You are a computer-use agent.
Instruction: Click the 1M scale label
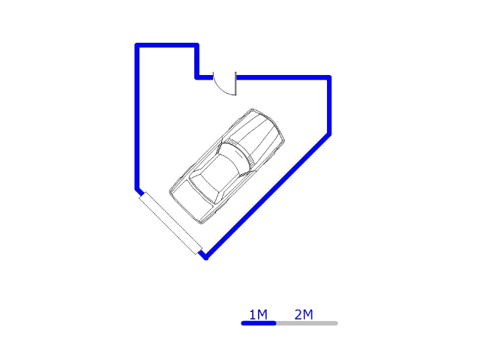258,314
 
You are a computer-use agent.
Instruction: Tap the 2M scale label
304,314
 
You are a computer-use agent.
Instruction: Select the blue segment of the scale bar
259,323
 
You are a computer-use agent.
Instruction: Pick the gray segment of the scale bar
307,323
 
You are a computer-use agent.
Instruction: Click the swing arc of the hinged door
223,88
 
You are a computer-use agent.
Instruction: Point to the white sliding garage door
170,223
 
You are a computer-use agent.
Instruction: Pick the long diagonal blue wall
268,196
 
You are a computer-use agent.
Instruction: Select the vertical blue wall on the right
329,106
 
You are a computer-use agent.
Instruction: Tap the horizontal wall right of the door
283,76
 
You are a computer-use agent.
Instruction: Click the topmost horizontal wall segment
166,45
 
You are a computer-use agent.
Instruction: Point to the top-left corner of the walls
136,45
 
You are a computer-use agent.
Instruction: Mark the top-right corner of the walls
329,76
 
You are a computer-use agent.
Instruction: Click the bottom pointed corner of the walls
205,257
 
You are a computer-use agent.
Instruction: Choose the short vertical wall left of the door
197,61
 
